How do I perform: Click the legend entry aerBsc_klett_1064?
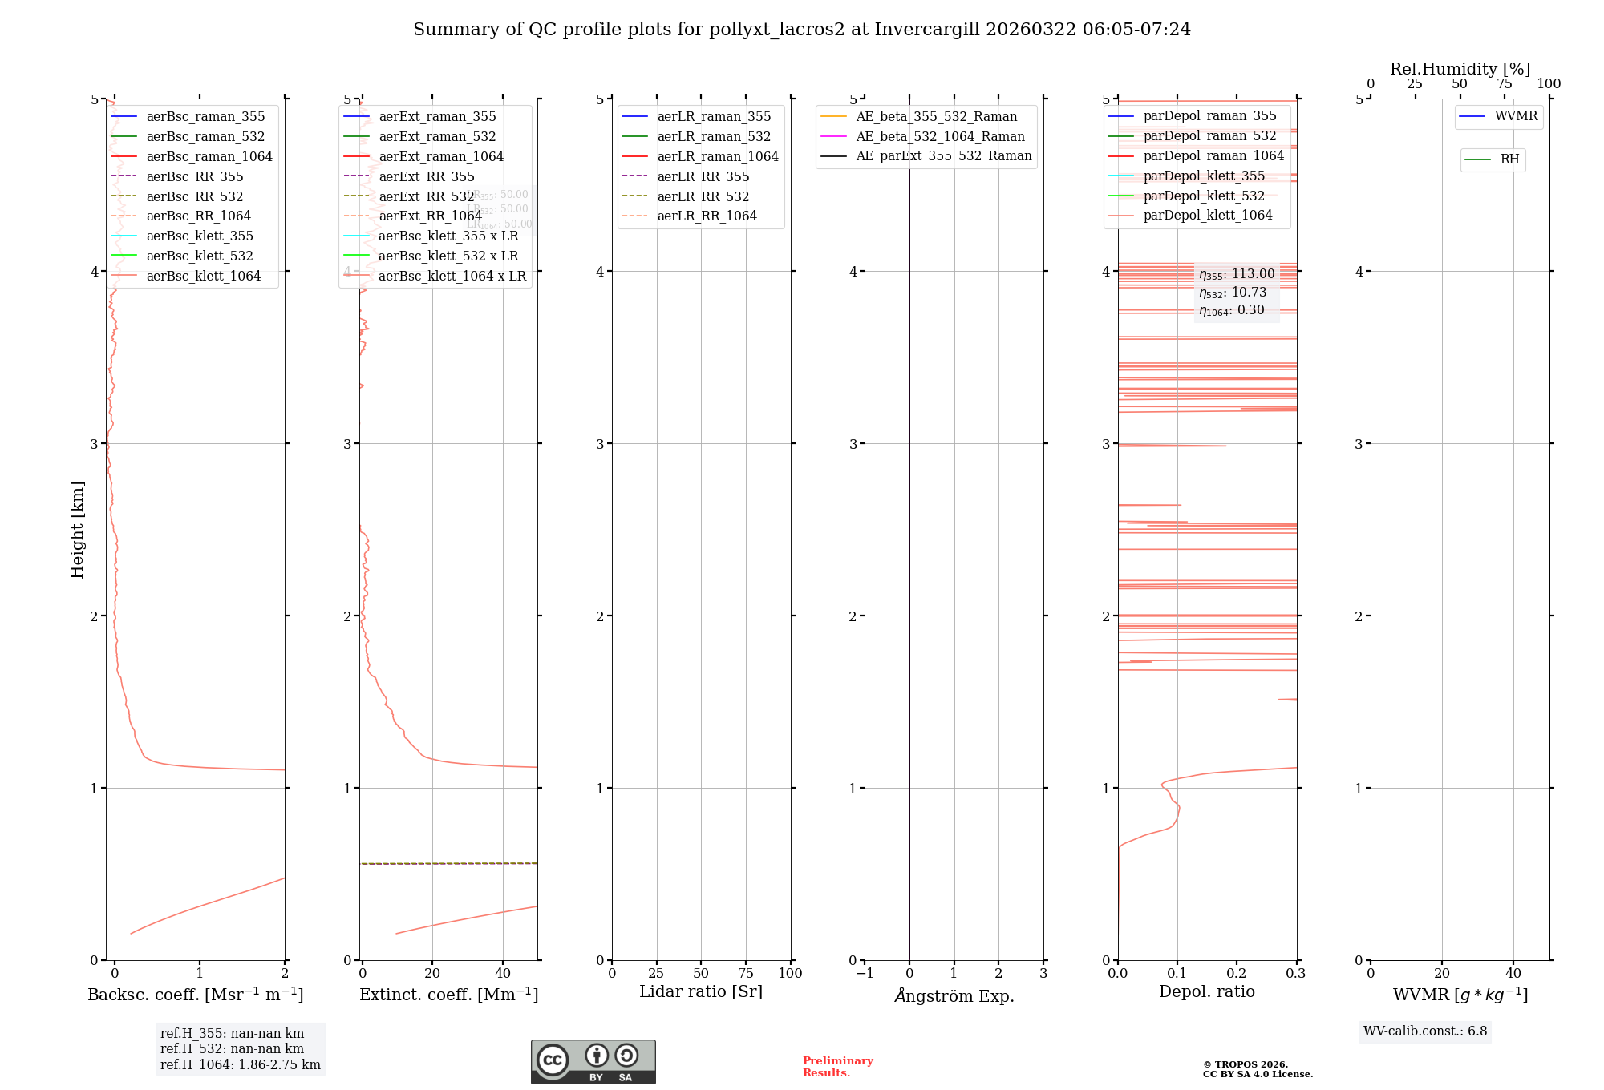click(203, 277)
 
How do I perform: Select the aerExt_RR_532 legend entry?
click(426, 197)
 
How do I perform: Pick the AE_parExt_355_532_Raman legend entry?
click(943, 156)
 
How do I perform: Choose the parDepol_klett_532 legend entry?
click(1203, 196)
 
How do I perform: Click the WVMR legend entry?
click(1515, 117)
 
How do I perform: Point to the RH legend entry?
click(1509, 159)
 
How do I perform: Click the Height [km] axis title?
click(77, 530)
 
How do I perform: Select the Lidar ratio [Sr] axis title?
click(700, 992)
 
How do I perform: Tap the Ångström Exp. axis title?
click(954, 996)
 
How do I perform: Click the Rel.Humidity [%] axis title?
click(1460, 69)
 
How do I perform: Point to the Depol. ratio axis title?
click(1206, 992)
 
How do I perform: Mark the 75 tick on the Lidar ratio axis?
click(746, 974)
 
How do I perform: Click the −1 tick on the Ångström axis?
click(864, 974)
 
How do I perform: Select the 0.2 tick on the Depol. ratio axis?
click(1236, 974)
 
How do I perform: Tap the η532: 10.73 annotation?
click(1233, 293)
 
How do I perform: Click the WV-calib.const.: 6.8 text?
click(1424, 1031)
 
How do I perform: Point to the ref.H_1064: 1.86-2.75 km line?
click(240, 1065)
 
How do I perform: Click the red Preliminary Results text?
click(837, 1067)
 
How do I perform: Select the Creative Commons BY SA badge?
click(593, 1062)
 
